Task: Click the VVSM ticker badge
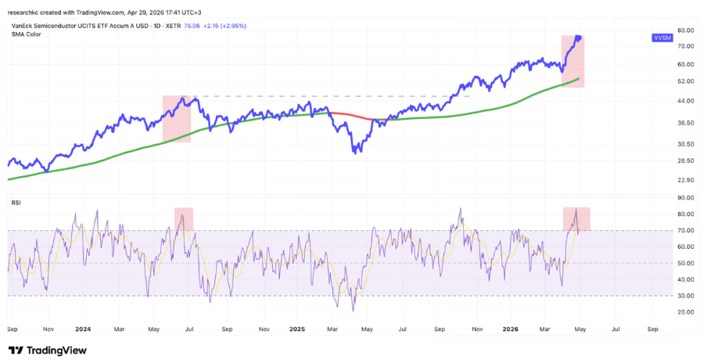[662, 38]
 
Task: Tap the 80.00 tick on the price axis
[685, 31]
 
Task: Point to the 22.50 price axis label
[685, 180]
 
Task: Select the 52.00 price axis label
[685, 81]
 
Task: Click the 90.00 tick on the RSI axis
[685, 197]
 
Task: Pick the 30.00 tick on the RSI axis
[685, 296]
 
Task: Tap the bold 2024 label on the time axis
[83, 329]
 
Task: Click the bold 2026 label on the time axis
[511, 329]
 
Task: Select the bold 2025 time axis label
[297, 329]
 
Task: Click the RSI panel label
[16, 203]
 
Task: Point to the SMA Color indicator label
[26, 34]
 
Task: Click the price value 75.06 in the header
[192, 26]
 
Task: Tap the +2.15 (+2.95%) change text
[224, 26]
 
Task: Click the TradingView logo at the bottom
[48, 350]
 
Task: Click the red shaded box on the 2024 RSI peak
[184, 219]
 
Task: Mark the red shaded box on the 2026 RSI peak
[576, 219]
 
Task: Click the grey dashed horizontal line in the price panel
[331, 96]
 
